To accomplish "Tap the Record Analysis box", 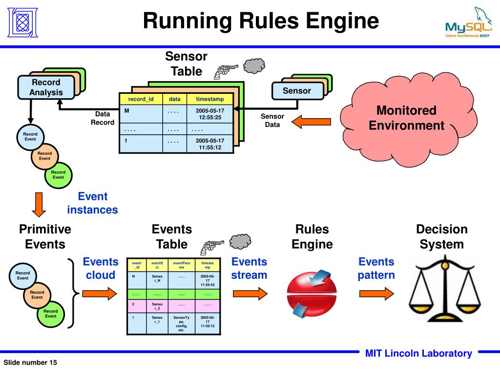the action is point(46,87).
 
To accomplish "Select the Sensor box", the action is point(297,91).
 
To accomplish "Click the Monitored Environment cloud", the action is point(408,119).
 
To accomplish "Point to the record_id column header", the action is point(141,99).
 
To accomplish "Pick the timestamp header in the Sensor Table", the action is point(210,99).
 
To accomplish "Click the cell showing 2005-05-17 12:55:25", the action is point(210,114).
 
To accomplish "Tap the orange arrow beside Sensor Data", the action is point(311,122).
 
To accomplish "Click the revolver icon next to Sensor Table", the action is point(226,71).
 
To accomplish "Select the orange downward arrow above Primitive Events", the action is point(39,205).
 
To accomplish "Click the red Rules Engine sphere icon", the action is point(312,294).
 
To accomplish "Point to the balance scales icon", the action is point(445,289).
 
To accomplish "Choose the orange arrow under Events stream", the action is point(250,293).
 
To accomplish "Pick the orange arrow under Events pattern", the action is point(376,293).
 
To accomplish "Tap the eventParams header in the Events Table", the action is point(182,265).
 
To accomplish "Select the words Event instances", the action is point(92,203).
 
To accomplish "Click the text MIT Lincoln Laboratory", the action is point(418,354).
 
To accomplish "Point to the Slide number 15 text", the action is point(30,363).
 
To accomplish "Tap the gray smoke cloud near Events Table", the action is point(240,241).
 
